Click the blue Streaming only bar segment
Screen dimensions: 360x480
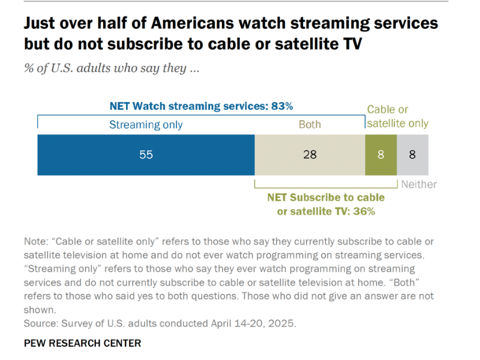(90, 155)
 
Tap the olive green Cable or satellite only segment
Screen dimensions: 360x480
(380, 155)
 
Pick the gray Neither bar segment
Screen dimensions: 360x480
(412, 155)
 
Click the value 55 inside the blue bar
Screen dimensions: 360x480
(146, 155)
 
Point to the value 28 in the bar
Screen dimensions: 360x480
(310, 155)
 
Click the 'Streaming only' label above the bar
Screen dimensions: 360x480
(146, 125)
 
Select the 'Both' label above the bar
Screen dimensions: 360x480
(310, 125)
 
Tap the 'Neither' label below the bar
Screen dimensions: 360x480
(419, 184)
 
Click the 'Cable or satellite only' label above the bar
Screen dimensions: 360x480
(397, 116)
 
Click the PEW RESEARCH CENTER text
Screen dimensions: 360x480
(82, 343)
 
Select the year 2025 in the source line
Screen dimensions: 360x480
(283, 323)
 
